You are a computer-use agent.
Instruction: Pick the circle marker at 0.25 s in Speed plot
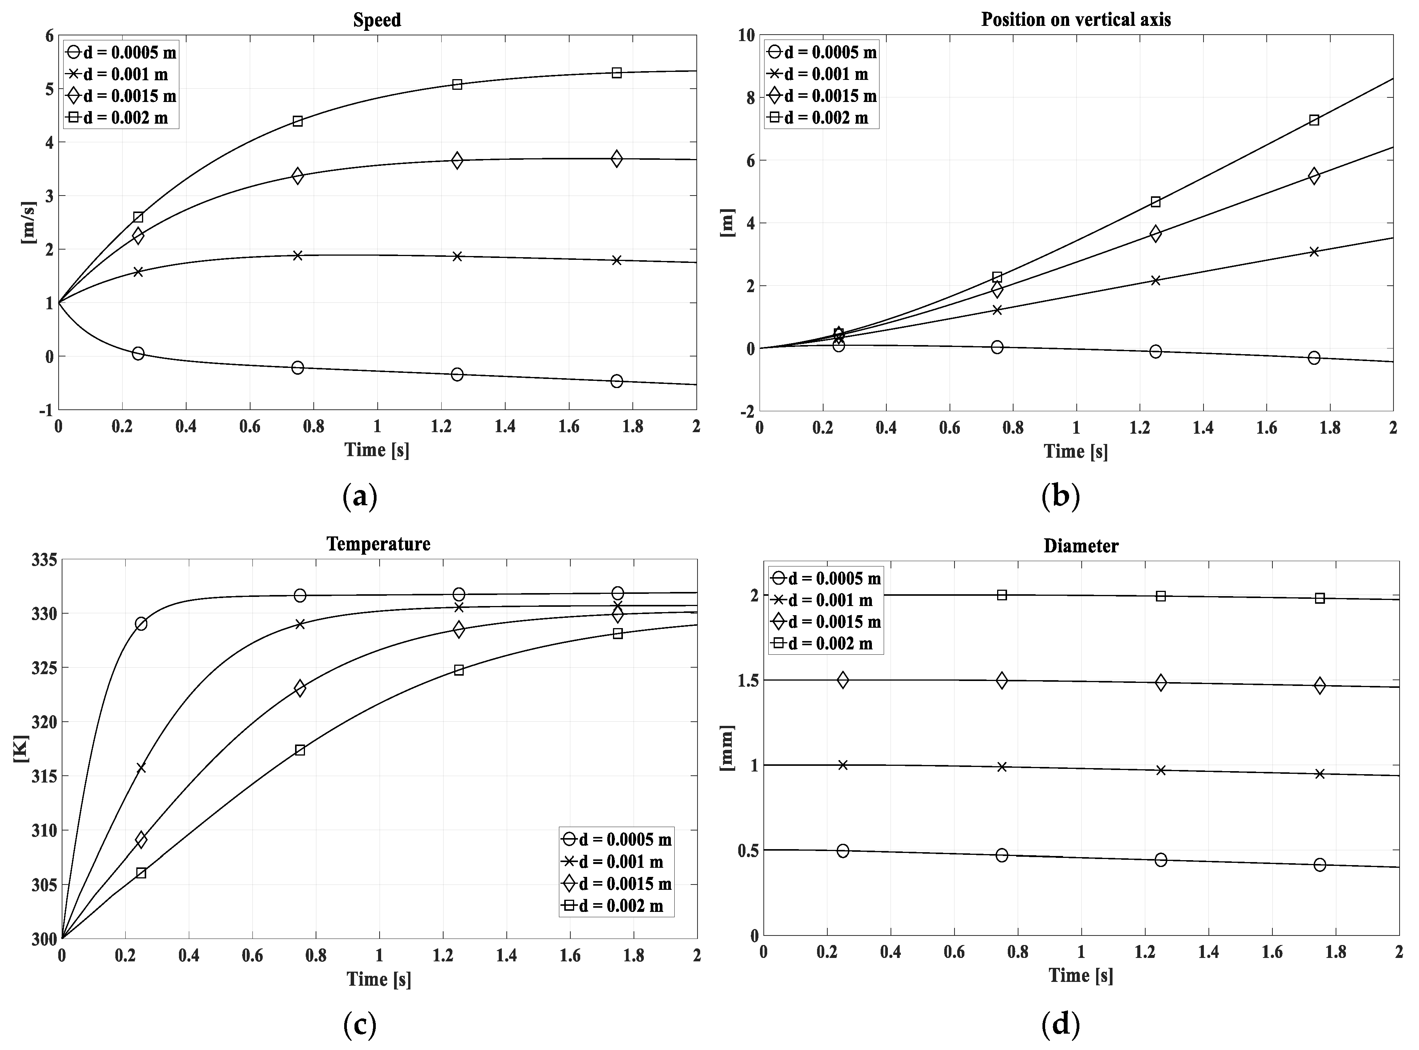(138, 353)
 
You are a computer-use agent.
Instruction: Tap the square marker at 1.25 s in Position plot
(1156, 202)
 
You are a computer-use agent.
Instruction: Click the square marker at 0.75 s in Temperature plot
(300, 750)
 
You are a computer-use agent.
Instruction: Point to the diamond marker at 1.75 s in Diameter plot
(1320, 685)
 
